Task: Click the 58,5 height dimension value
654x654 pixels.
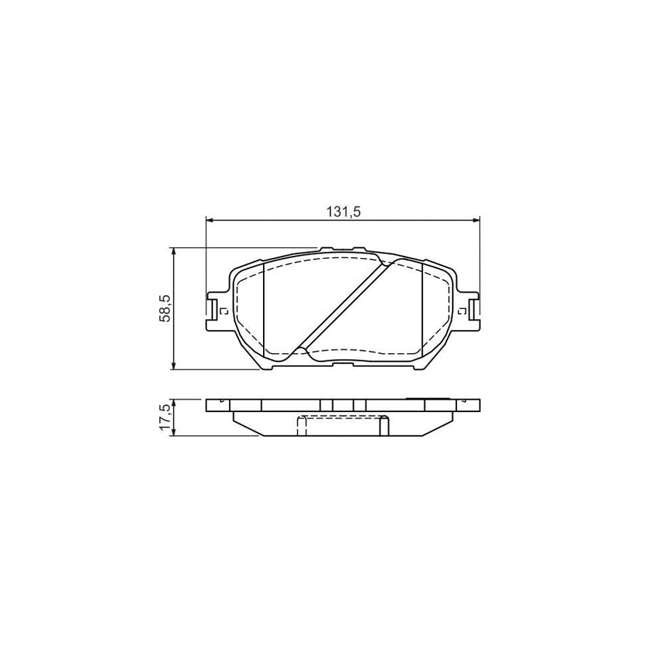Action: coord(166,307)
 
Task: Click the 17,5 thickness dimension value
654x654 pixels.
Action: coord(166,418)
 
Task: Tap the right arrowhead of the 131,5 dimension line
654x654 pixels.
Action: coord(477,219)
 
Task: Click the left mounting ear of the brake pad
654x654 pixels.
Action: coord(214,310)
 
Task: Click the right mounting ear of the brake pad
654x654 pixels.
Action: coord(473,310)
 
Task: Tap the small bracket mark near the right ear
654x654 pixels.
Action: coord(461,312)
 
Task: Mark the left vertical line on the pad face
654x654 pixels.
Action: coord(262,309)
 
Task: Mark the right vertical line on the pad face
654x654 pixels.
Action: coord(422,309)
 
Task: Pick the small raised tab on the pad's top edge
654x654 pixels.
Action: coord(326,249)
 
